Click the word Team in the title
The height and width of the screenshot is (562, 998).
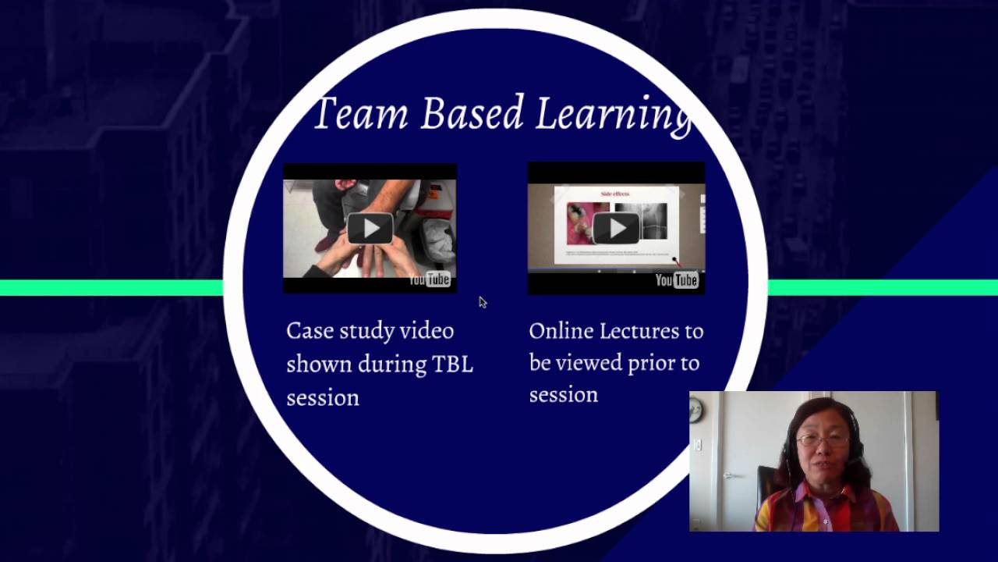point(360,113)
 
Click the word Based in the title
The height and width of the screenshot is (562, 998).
point(472,113)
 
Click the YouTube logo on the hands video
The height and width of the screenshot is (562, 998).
point(430,279)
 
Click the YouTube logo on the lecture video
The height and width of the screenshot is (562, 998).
point(676,279)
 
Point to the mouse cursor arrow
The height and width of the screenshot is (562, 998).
point(482,302)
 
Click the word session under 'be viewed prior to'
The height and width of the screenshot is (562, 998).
point(563,395)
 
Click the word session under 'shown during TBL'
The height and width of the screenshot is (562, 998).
point(322,398)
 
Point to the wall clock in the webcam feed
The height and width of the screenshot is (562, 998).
point(696,410)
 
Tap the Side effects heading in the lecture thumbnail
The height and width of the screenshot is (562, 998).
point(615,193)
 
